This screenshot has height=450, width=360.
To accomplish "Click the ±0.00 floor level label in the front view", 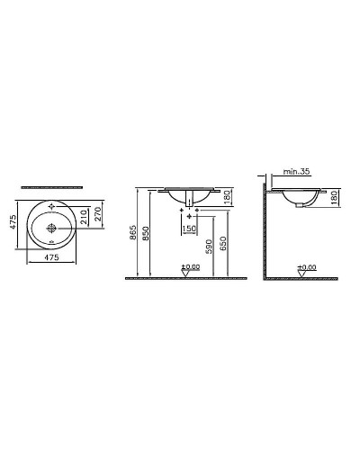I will point(191,267).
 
